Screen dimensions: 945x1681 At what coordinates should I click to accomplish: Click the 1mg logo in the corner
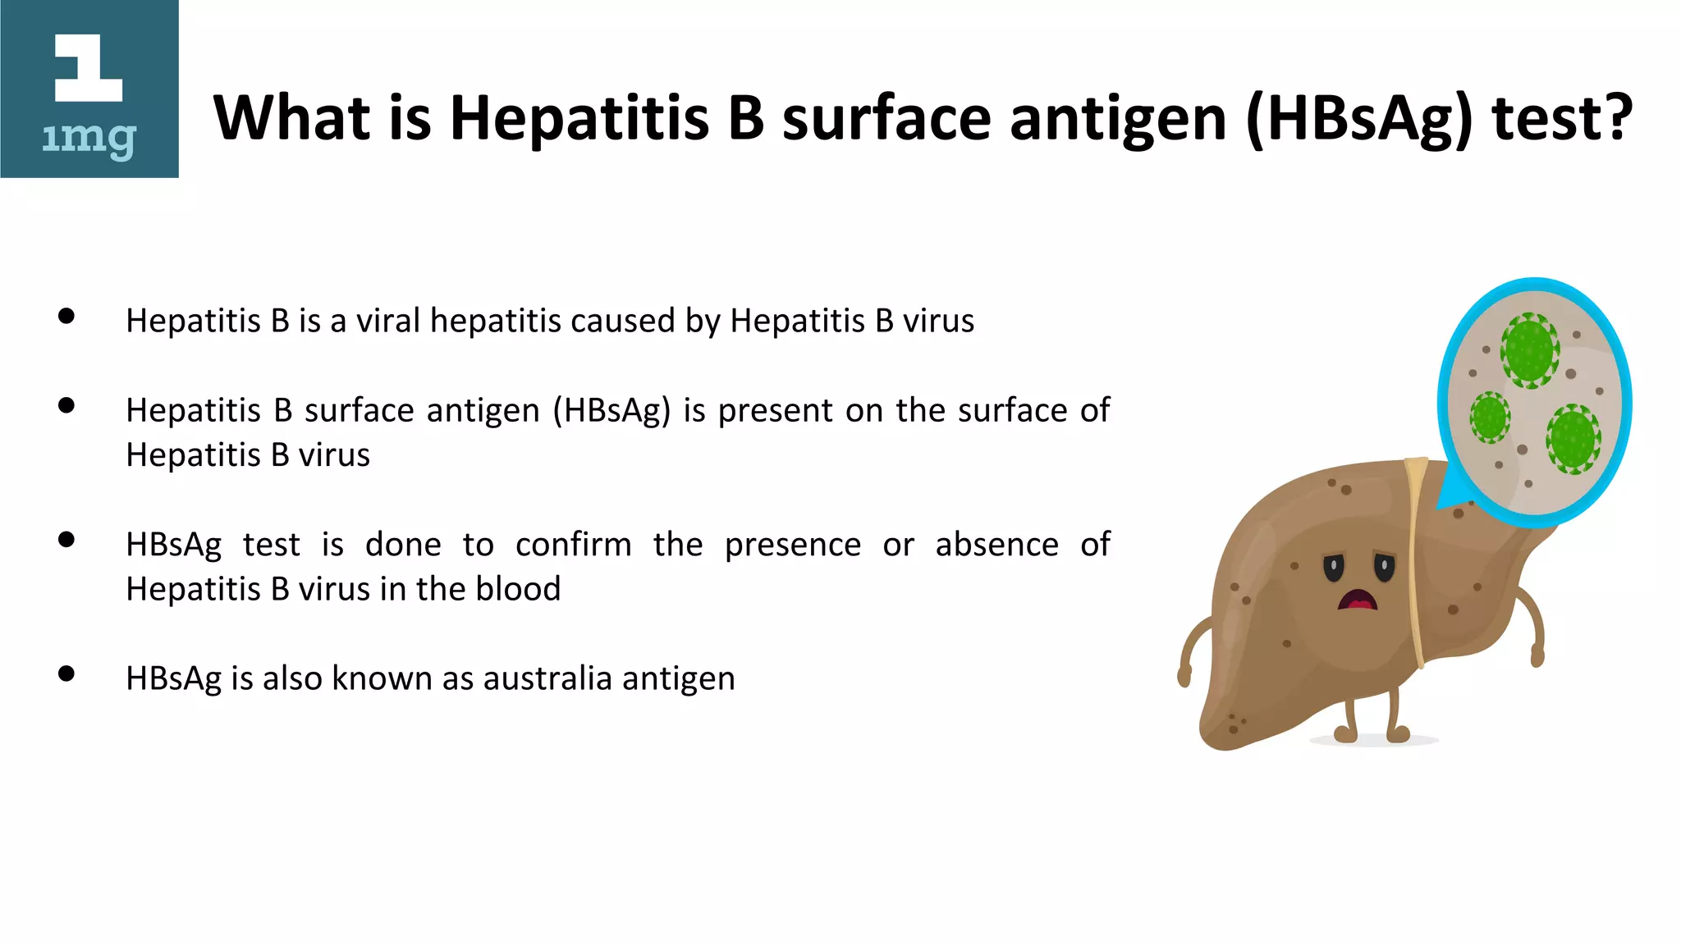point(89,89)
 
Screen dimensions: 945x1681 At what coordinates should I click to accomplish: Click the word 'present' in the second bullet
point(776,411)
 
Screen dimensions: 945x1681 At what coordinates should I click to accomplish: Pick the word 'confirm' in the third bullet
point(574,545)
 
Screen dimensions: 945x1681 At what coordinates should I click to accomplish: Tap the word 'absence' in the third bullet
point(996,545)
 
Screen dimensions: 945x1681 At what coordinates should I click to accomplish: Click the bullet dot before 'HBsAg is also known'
point(67,674)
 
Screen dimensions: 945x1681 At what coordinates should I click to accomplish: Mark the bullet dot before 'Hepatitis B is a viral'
point(67,317)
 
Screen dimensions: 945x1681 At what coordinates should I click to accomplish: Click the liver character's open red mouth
point(1358,601)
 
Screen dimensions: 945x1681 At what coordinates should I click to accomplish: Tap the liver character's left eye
point(1334,567)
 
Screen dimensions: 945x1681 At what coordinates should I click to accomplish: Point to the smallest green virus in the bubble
point(1489,417)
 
